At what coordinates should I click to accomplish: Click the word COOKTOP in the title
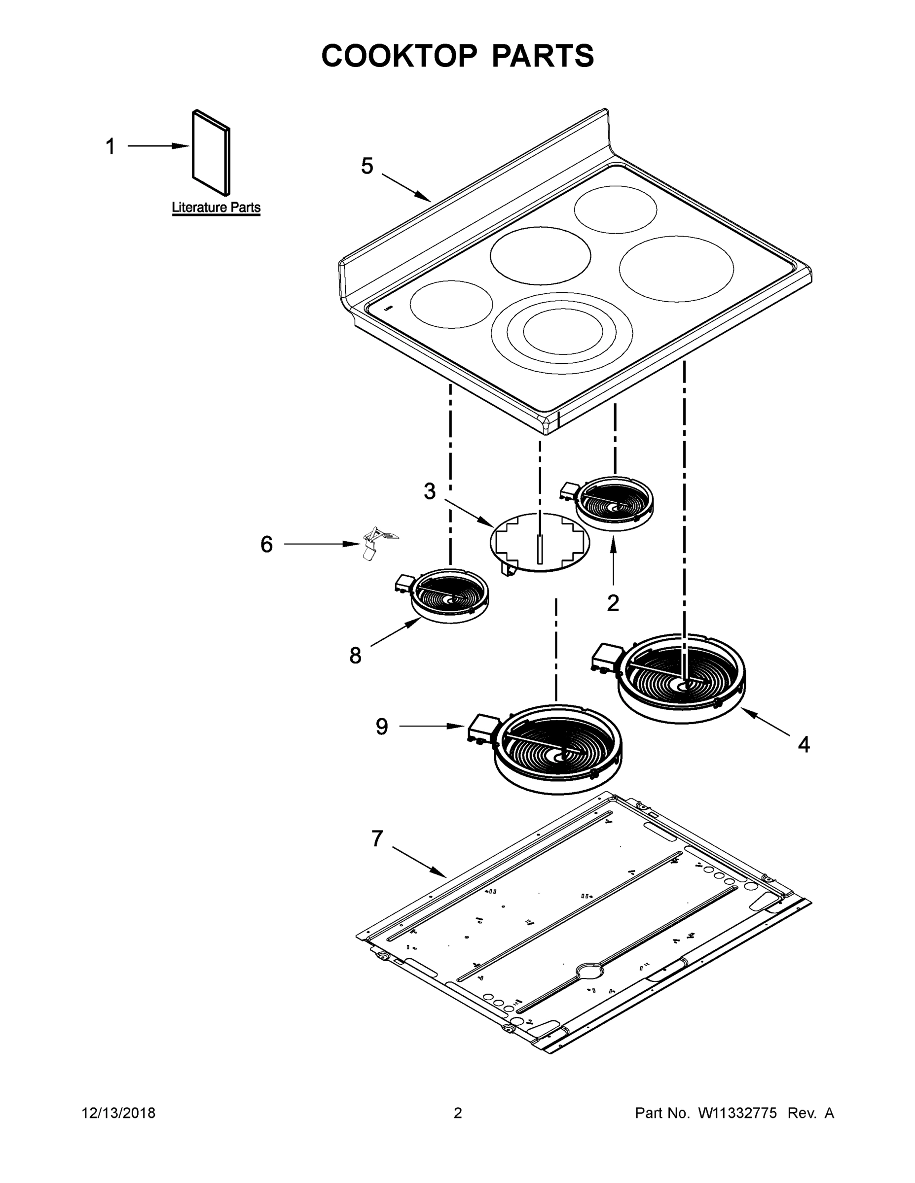400,56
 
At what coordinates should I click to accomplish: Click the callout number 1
110,146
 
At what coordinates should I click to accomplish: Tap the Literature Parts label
216,208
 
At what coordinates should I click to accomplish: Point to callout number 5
367,166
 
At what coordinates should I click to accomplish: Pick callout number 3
429,491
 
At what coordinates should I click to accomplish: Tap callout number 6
266,544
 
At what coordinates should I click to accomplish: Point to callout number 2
613,602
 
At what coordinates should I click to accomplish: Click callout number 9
382,727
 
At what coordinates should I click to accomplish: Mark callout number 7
377,838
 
